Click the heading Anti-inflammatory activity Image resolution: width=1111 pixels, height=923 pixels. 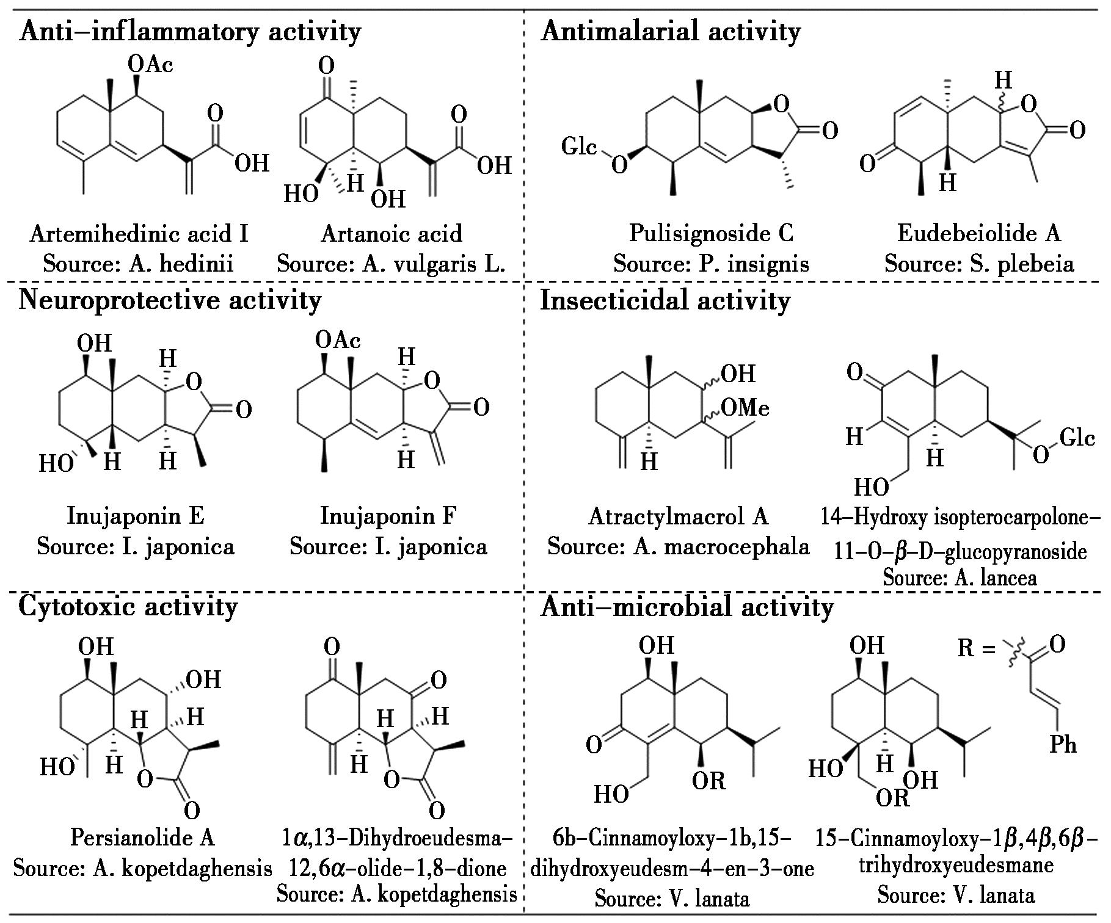(190, 31)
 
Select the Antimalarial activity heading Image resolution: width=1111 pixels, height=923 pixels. (670, 31)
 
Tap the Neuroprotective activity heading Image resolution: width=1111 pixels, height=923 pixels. (170, 300)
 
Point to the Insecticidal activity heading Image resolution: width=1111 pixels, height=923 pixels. (665, 300)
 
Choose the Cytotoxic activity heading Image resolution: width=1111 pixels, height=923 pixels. (128, 606)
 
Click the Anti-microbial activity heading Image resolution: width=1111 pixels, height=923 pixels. (687, 606)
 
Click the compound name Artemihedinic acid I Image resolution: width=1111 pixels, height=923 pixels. (139, 233)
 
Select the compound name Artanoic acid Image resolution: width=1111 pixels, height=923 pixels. (392, 233)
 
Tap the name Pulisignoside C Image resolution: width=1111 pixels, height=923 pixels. (711, 233)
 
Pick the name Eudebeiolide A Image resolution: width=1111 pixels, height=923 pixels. (979, 233)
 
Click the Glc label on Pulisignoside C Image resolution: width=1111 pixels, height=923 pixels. (579, 147)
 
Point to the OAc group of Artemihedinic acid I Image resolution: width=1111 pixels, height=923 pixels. (150, 64)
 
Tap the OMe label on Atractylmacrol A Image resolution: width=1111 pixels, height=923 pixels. (745, 407)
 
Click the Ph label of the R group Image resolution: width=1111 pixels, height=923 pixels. (1063, 745)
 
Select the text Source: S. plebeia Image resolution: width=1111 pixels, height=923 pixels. (979, 264)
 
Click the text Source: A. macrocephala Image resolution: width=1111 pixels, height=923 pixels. (678, 546)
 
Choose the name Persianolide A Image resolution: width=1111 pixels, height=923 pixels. (142, 837)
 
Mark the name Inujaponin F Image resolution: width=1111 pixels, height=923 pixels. (388, 516)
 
